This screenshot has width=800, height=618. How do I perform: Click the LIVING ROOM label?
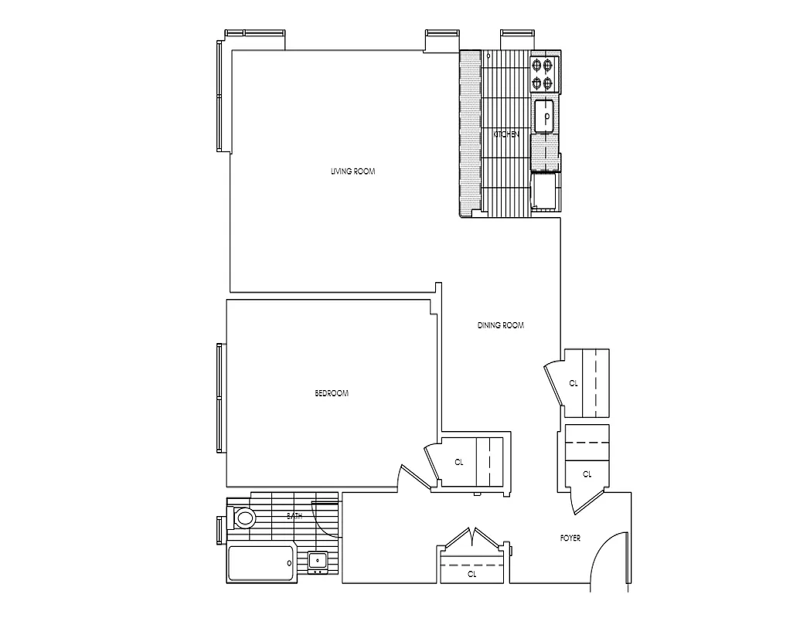[352, 171]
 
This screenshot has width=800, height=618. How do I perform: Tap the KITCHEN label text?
[506, 134]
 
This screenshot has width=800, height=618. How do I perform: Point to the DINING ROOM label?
[500, 325]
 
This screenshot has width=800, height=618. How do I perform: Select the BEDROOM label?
[332, 393]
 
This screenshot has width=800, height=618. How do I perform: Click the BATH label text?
[294, 515]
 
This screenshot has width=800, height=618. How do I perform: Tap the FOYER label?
[570, 538]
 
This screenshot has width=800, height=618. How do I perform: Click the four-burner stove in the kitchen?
[543, 74]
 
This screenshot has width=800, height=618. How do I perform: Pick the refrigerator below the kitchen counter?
[545, 191]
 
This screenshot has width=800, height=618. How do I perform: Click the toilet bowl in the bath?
[245, 518]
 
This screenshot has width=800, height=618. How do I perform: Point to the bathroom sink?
[317, 561]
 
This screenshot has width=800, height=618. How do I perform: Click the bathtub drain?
[288, 564]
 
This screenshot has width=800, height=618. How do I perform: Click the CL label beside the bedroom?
[458, 462]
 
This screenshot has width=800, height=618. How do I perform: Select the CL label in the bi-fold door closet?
[471, 575]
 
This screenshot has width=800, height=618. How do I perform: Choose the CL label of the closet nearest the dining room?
[574, 383]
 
